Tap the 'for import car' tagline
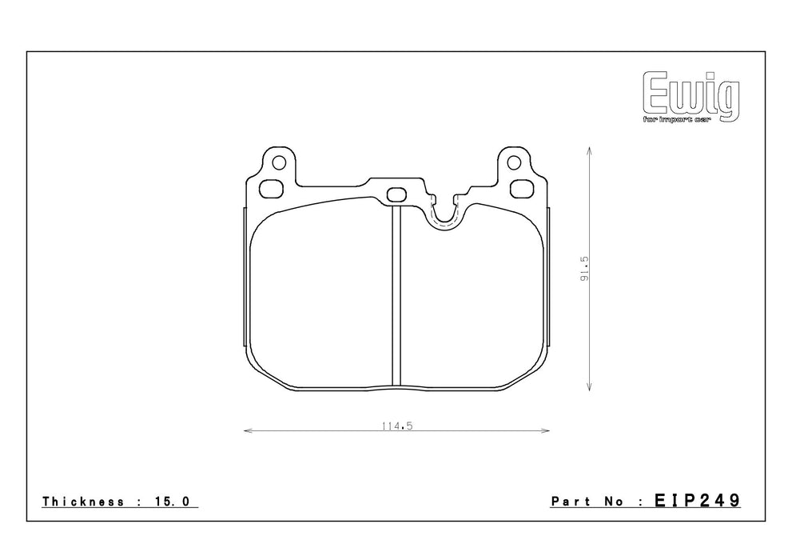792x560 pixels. [x=677, y=120]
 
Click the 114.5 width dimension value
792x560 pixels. [x=397, y=426]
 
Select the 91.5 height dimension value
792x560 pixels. [x=585, y=268]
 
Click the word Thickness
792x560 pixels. [x=83, y=502]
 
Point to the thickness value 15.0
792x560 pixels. [x=171, y=502]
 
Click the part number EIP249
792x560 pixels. [x=698, y=500]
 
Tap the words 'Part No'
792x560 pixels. [x=587, y=502]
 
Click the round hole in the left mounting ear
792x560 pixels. [x=279, y=162]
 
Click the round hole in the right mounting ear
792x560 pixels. [x=514, y=162]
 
